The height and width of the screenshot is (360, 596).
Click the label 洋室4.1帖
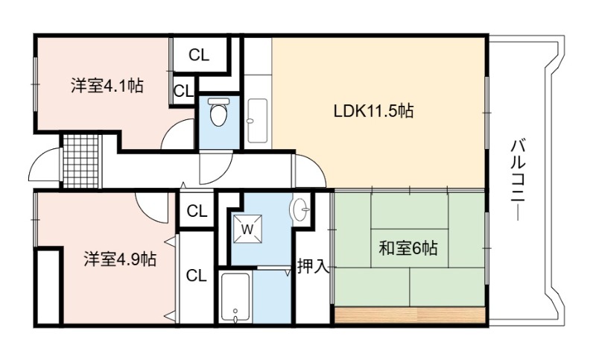pos(107,86)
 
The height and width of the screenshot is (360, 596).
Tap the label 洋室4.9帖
pos(120,259)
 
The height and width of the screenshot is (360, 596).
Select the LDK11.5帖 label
pos(374,111)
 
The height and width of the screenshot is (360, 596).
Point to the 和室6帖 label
pos(408,248)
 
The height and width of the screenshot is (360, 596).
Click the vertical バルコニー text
pos(518,180)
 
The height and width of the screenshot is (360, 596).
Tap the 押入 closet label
pos(312,266)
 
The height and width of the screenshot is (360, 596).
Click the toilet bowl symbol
pos(219,112)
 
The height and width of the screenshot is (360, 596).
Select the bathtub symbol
pos(235,297)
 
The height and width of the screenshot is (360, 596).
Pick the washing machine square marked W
pos(247,229)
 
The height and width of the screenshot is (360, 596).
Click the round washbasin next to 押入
pos(300,209)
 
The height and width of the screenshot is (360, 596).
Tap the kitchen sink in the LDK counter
pos(257,121)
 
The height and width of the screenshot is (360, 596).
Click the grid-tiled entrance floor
pos(81,161)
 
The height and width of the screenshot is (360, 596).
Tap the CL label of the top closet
pos(199,55)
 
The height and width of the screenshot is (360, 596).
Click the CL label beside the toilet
pos(184,91)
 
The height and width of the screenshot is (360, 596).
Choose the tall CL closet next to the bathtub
pos(197,275)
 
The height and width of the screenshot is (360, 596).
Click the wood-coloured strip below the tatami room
pos(410,315)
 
